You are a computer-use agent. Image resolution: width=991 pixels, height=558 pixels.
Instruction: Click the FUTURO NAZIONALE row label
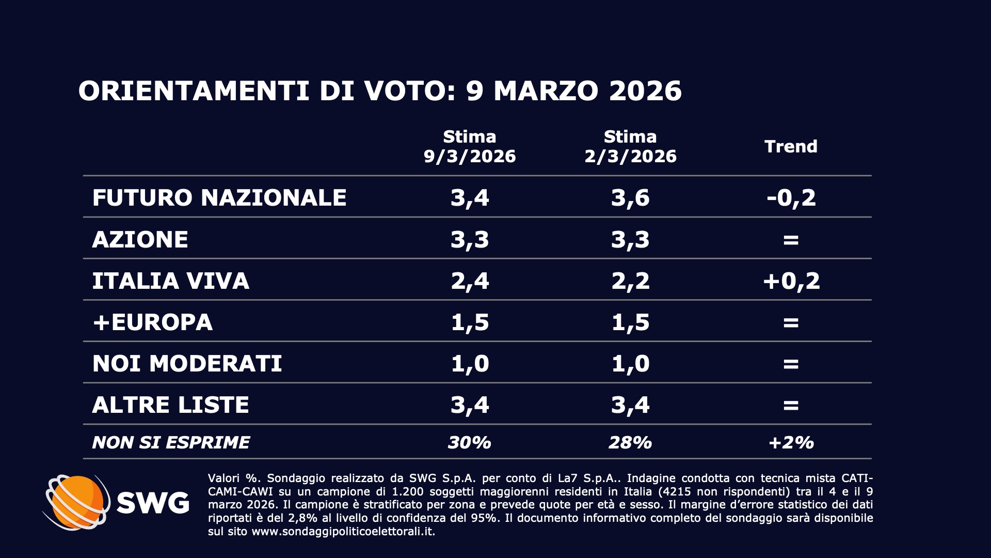coord(219,198)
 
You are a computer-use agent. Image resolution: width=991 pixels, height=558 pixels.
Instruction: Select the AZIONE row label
coord(140,240)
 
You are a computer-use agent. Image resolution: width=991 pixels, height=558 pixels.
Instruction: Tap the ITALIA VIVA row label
coord(171,281)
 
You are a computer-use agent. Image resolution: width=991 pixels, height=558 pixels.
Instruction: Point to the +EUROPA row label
coord(153,322)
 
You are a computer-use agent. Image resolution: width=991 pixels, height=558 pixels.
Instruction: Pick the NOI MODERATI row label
coord(187,364)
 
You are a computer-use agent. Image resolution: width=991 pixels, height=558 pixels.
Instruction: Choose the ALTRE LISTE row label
coord(171,405)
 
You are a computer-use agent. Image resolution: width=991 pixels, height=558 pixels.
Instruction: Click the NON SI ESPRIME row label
coord(171,443)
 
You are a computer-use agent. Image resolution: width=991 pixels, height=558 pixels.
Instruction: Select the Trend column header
coord(791,147)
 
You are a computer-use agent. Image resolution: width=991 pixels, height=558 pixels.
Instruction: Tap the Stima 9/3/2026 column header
coord(470,147)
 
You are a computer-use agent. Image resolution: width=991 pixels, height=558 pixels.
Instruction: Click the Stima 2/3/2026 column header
coord(630,147)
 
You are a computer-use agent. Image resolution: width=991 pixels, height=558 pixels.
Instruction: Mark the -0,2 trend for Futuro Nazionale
coord(791,198)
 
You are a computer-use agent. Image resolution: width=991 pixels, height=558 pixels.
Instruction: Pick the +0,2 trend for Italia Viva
coord(791,281)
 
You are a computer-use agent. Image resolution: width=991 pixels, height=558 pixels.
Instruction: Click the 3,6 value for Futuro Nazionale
coord(630,198)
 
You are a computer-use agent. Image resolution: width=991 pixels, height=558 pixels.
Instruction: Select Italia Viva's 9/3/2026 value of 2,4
coord(470,281)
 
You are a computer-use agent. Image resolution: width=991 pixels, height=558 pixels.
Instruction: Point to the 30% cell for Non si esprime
coord(470,443)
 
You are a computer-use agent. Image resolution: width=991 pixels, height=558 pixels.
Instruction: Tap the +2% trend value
coord(791,443)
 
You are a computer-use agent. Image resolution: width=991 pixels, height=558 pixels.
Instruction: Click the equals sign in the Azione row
coord(791,240)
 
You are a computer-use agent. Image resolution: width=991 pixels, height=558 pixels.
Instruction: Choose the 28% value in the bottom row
coord(630,443)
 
